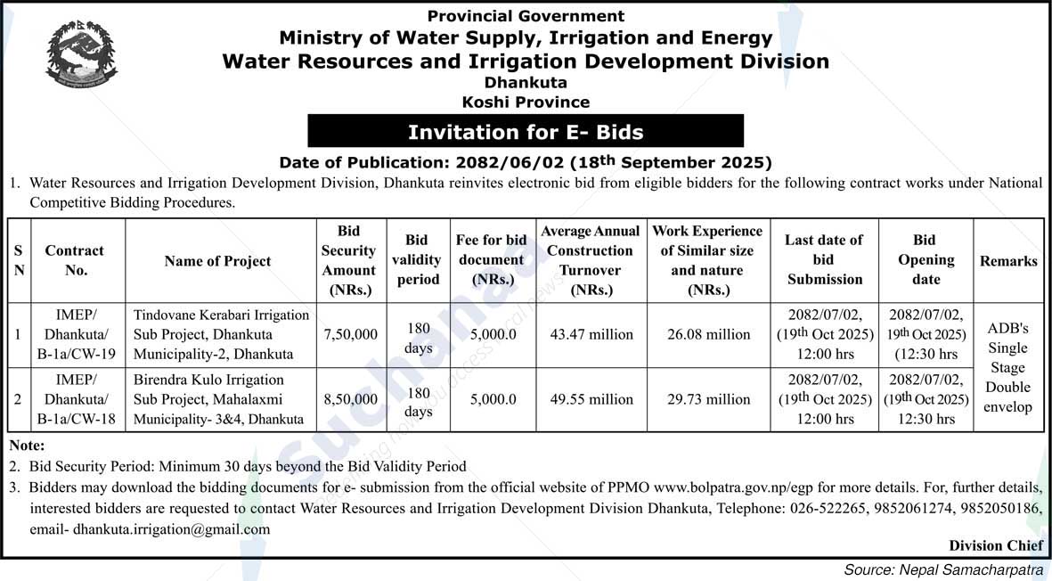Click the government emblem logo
coord(81,56)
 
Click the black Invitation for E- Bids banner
coord(526,132)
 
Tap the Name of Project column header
coord(217,261)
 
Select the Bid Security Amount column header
coord(348,260)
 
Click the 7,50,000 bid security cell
coord(348,335)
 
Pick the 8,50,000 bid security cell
coord(348,399)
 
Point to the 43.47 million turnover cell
coord(591,335)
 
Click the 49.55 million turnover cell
coord(591,399)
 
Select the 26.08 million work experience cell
coord(708,335)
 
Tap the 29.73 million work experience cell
coord(708,399)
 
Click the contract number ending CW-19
coord(77,335)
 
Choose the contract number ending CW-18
coord(77,399)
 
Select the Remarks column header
coord(1008,261)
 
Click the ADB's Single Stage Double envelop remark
coord(1008,367)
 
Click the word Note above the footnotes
coord(27,445)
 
